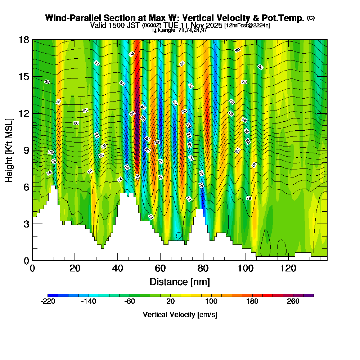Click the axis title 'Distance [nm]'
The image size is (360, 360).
pos(180,281)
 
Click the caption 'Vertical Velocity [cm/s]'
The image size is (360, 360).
pos(180,315)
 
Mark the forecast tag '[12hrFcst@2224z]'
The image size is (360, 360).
pos(247,26)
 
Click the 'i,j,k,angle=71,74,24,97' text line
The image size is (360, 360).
pos(180,30)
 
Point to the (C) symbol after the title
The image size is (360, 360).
pos(311,18)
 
